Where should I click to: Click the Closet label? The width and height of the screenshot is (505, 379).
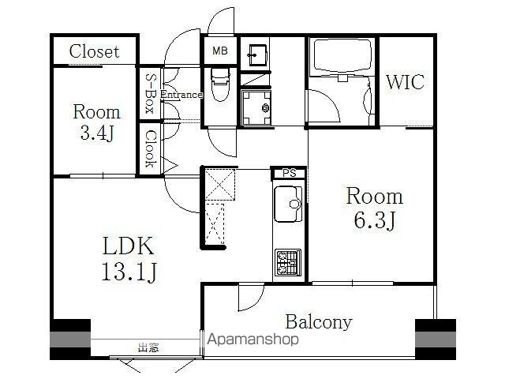pos(94,51)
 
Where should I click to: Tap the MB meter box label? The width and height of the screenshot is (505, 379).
pos(220,51)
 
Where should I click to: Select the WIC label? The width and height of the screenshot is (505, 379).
pos(405,82)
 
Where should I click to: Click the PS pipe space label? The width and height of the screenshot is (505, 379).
pos(290,173)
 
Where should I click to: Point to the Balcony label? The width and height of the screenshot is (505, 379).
pos(319,321)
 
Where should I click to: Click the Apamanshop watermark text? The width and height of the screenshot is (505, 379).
pos(252,340)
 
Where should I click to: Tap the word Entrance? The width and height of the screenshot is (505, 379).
pos(181,95)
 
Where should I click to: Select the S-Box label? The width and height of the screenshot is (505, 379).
pos(150,93)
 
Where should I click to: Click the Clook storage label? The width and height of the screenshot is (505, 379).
pos(150,148)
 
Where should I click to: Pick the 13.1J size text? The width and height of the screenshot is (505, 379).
pos(129,272)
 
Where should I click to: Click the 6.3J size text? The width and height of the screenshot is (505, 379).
pos(375,221)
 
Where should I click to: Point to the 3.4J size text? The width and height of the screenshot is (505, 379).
pos(96,133)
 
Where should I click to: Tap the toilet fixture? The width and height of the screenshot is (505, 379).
pos(220,84)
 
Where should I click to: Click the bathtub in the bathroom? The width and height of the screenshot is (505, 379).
pos(342,56)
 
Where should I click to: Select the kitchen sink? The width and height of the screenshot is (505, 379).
pos(288,204)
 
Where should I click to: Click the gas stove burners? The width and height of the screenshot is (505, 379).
pos(288,262)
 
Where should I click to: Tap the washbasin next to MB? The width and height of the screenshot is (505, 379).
pos(257,55)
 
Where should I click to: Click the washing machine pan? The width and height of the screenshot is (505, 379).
pos(256,108)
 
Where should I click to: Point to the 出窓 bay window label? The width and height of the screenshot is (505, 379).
pos(148,347)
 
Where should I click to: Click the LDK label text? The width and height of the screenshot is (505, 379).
pos(128,246)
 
